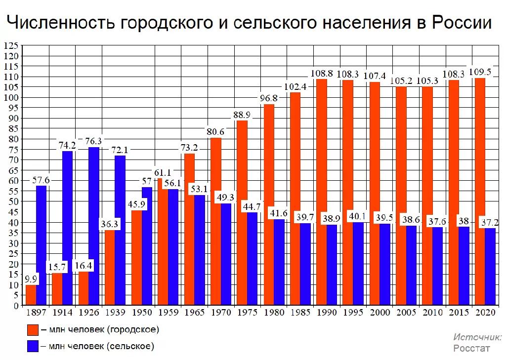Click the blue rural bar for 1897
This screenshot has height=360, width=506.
click(42, 245)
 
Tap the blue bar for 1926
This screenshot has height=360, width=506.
click(94, 226)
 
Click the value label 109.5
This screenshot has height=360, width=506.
click(480, 72)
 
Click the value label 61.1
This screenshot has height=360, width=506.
click(164, 172)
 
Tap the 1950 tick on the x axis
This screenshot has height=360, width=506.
click(142, 313)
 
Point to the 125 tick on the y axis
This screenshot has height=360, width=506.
click(11, 46)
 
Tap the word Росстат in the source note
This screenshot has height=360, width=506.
click(472, 348)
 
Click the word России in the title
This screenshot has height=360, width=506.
click(462, 23)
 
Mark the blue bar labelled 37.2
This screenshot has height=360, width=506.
click(490, 267)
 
